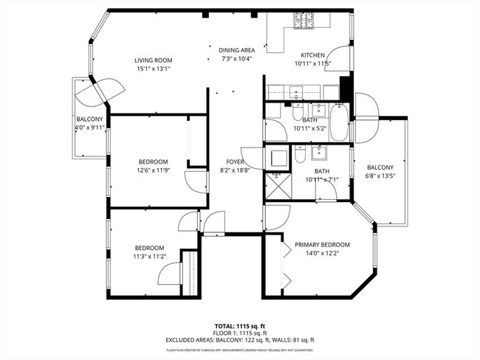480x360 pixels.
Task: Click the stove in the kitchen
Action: coord(306,21)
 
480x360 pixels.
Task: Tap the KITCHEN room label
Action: coord(313,55)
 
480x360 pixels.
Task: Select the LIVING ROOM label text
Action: coord(153,60)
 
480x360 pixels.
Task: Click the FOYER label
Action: coord(236,162)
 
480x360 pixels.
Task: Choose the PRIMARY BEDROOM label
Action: coord(322,244)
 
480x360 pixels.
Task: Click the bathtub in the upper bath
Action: coord(339,123)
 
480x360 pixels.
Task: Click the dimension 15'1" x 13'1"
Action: coord(153,69)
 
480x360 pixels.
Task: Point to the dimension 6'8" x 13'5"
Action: coord(381,176)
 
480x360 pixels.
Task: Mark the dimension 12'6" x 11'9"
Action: coord(153,170)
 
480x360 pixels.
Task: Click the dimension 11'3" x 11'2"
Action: coord(148,257)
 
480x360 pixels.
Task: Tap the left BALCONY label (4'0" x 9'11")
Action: coord(89,119)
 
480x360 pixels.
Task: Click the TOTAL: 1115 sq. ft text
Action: coord(240,325)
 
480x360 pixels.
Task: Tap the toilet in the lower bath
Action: coord(301,155)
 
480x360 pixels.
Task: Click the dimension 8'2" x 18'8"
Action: coord(236,170)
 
